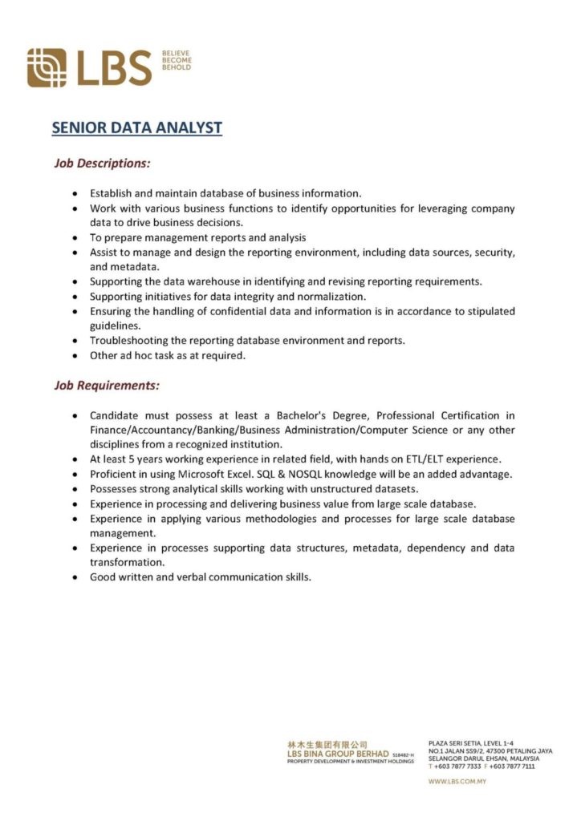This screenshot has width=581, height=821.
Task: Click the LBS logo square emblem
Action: tap(47, 67)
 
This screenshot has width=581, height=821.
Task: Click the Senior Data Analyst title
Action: tap(136, 127)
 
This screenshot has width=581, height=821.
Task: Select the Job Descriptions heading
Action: tap(102, 163)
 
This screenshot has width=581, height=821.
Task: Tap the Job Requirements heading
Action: tap(107, 386)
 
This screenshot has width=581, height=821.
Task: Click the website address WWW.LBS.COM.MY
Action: tap(457, 782)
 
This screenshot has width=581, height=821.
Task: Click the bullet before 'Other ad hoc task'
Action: tap(74, 356)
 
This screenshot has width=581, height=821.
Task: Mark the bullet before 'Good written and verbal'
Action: tap(74, 577)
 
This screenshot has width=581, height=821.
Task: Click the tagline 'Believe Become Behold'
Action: tap(177, 60)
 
